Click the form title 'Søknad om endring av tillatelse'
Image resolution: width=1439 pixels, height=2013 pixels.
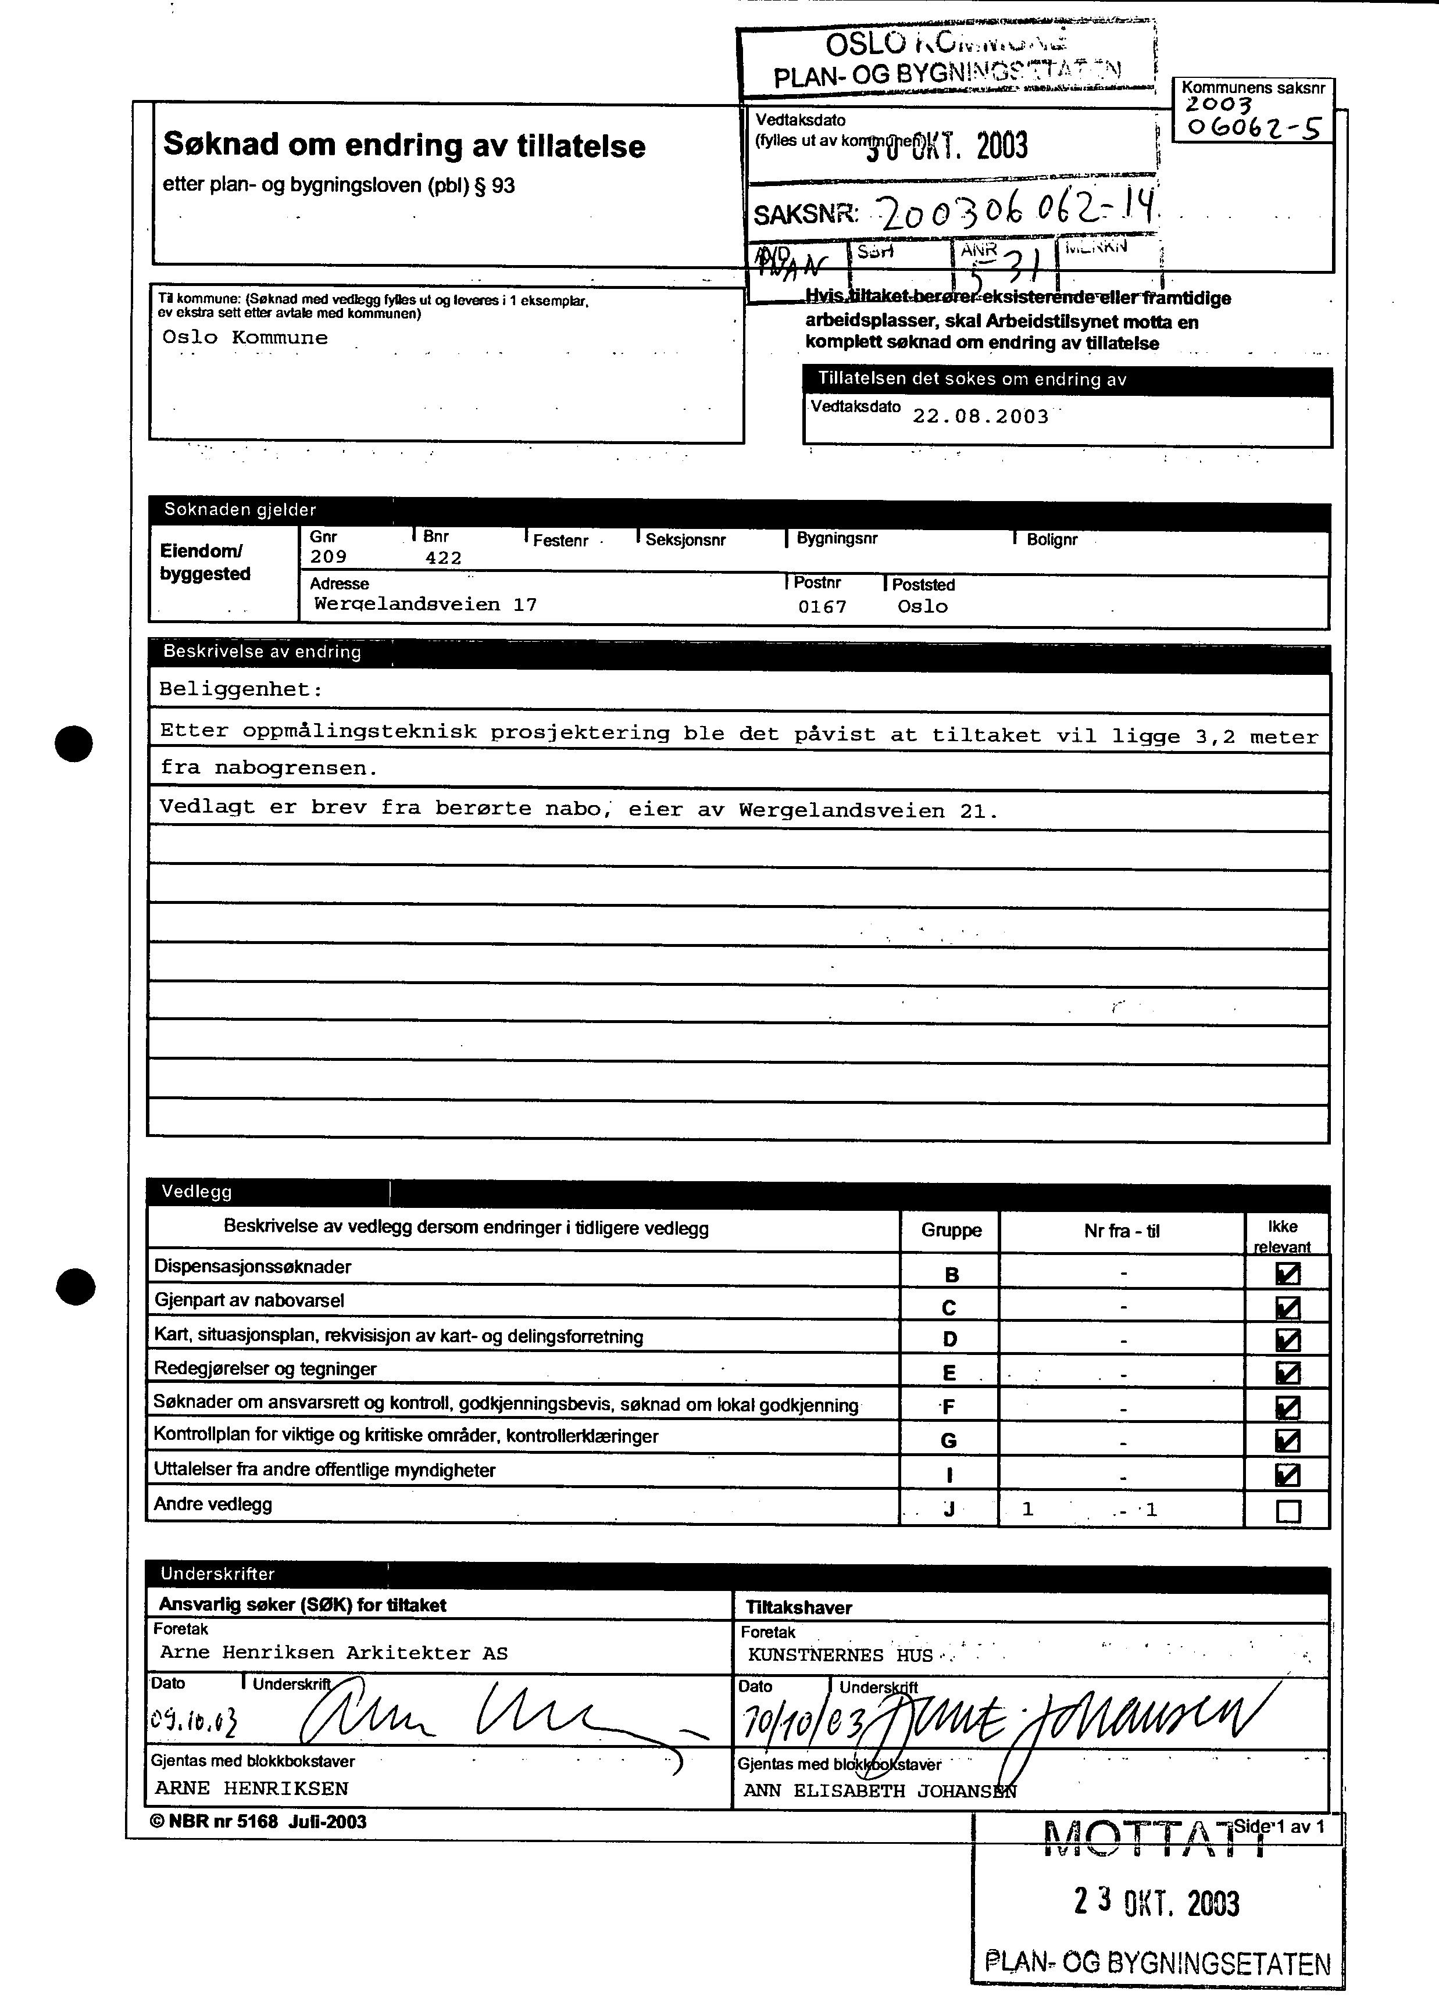[x=404, y=145]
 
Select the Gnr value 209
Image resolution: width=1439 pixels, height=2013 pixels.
[x=328, y=557]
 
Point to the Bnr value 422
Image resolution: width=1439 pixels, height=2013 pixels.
[x=443, y=558]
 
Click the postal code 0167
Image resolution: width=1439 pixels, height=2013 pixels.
[x=822, y=607]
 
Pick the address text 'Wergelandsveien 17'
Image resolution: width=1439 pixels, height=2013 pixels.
[x=426, y=605]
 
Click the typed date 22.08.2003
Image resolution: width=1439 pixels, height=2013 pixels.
[x=980, y=416]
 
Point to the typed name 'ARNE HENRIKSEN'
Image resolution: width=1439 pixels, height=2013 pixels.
[x=252, y=1788]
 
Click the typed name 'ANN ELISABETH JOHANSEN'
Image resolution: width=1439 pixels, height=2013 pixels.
[x=879, y=1790]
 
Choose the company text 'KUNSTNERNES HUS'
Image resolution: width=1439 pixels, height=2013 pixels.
[x=840, y=1655]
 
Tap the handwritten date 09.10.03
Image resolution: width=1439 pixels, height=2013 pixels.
[x=193, y=1722]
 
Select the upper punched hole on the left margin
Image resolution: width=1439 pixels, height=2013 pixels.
[x=73, y=742]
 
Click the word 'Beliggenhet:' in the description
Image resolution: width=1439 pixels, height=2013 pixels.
[x=241, y=689]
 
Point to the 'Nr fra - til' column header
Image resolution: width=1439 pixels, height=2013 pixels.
[x=1121, y=1231]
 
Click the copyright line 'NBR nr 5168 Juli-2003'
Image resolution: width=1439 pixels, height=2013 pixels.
[x=259, y=1822]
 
